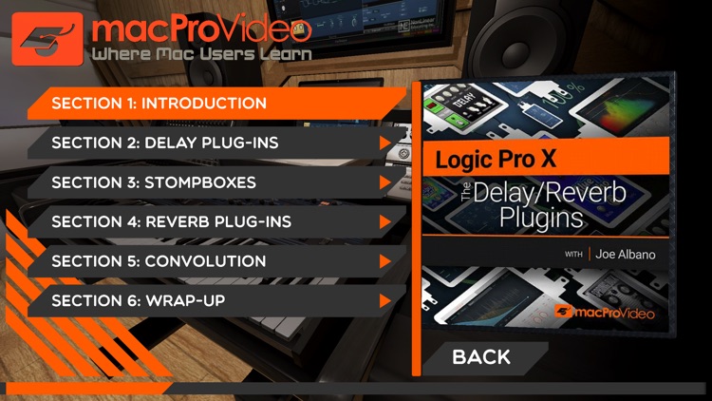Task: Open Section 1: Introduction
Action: [x=159, y=103]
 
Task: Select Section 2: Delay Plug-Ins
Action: [x=165, y=143]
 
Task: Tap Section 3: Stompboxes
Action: [x=154, y=182]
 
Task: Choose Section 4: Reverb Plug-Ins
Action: [x=171, y=221]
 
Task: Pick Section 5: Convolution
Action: [x=159, y=261]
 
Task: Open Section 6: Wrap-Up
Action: [x=139, y=301]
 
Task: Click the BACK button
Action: [x=481, y=357]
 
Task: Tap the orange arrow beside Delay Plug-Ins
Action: [x=385, y=143]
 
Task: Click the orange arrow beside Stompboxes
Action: [x=385, y=182]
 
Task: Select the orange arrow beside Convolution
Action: [x=385, y=261]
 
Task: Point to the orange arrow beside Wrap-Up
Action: [x=385, y=301]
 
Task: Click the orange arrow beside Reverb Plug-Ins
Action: [x=385, y=222]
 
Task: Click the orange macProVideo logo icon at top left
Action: [x=47, y=39]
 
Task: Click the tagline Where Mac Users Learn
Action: [x=202, y=54]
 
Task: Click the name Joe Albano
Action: [x=627, y=254]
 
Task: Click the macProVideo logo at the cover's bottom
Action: [x=609, y=311]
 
